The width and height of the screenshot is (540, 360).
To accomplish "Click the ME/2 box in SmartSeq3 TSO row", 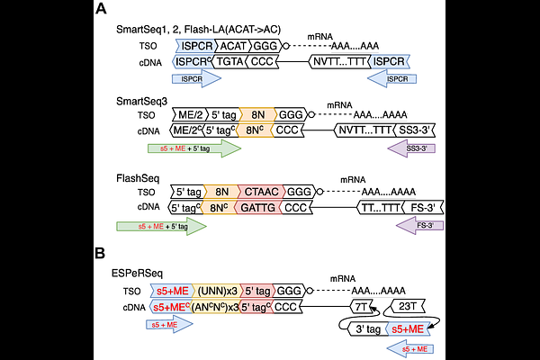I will click(191, 114).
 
